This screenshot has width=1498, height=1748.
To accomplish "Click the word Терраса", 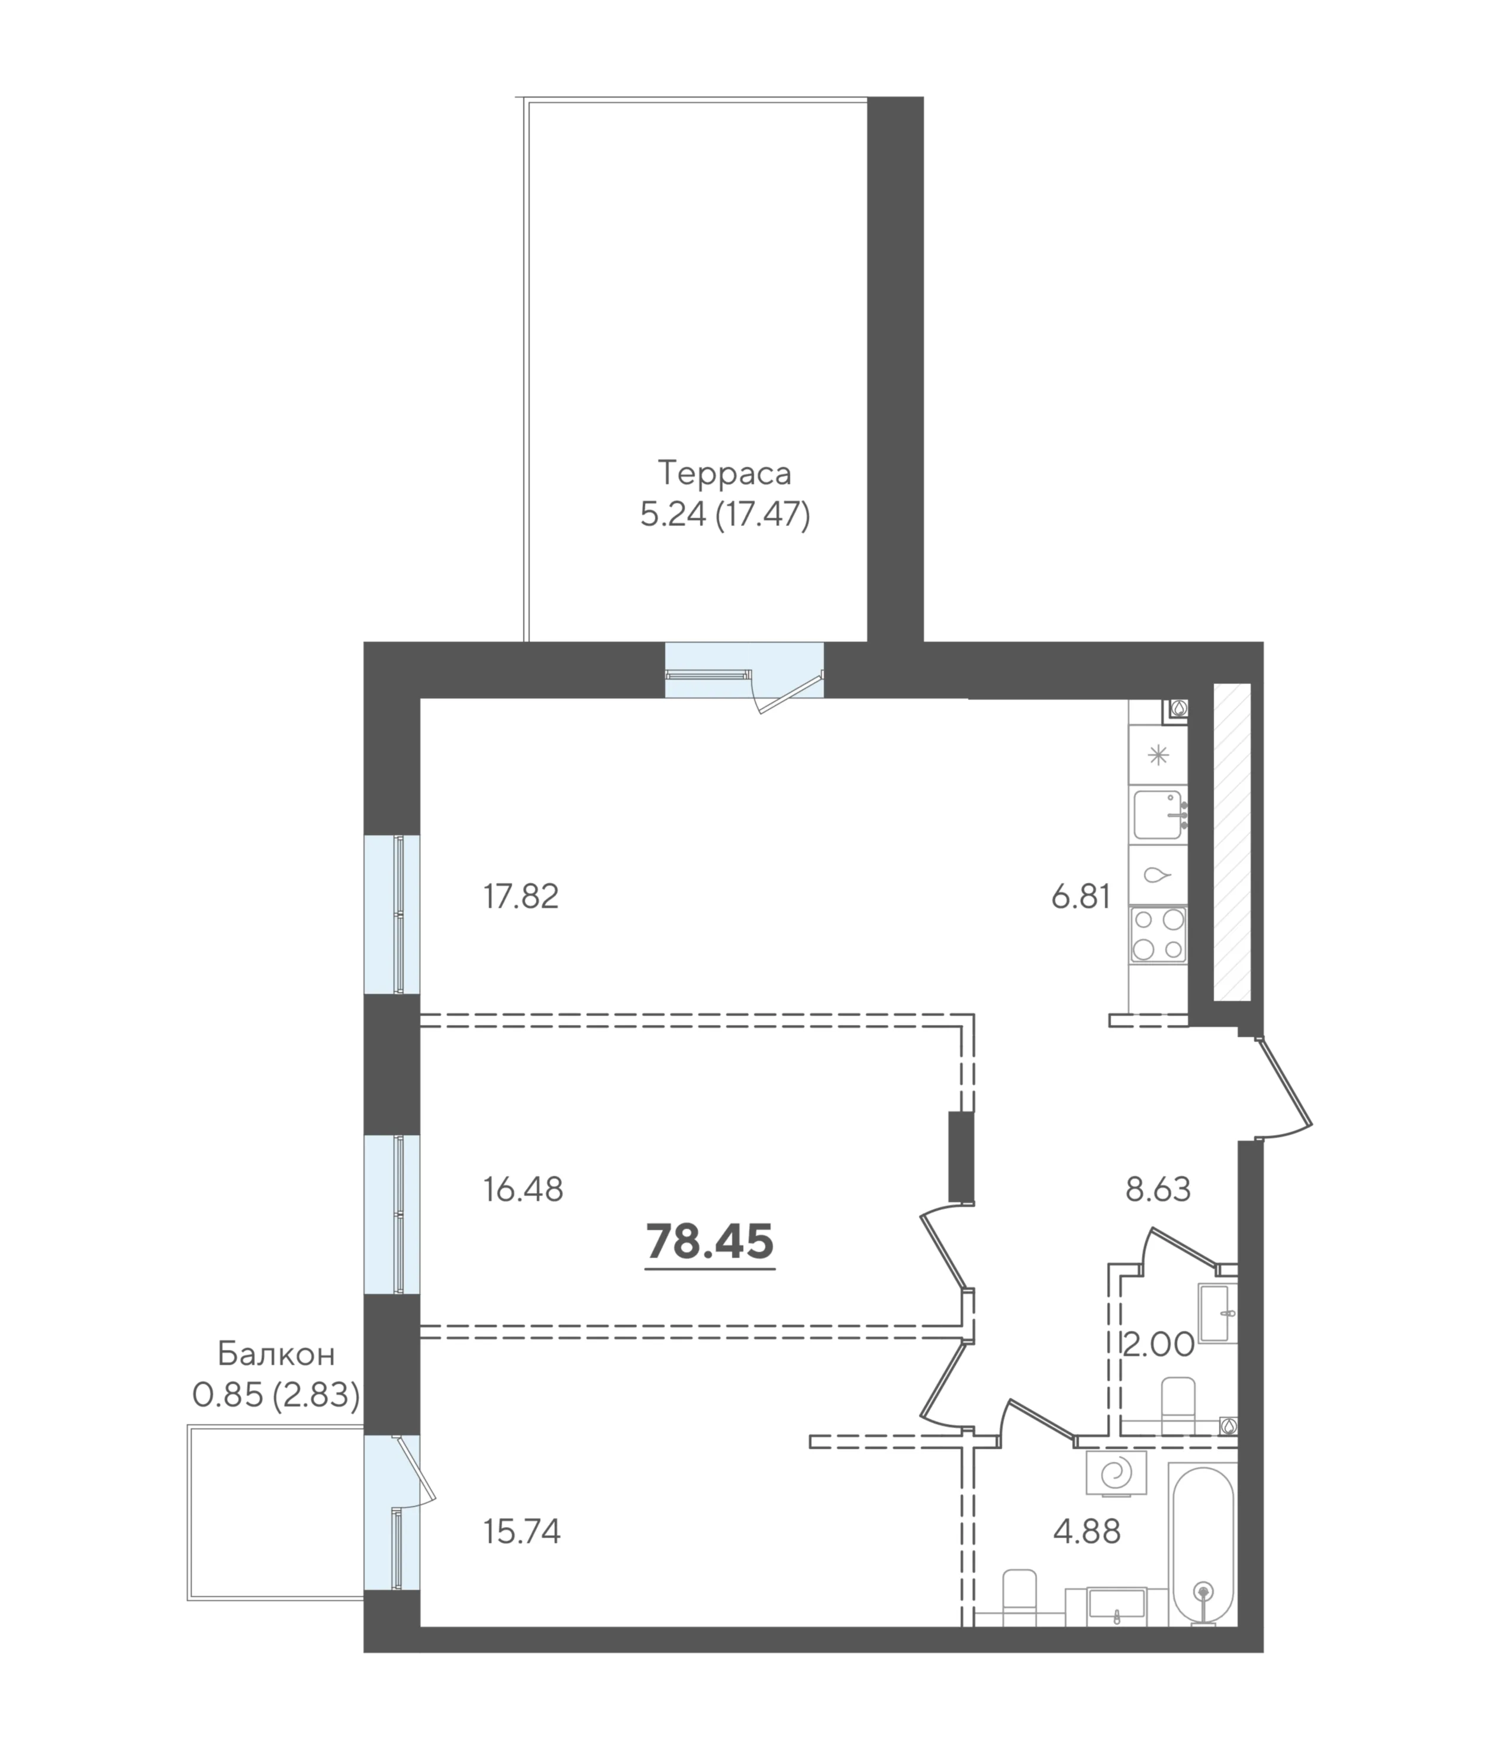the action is click(x=724, y=474).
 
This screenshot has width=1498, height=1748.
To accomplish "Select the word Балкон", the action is click(x=276, y=1354).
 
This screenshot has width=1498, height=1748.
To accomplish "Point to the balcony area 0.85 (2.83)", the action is click(x=276, y=1395).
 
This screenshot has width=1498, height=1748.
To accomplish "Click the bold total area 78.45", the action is click(x=710, y=1241).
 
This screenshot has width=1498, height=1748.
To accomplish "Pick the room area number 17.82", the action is click(x=521, y=896).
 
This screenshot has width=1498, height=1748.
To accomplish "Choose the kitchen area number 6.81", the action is click(x=1081, y=896).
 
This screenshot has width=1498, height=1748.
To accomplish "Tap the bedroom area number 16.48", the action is click(x=523, y=1190).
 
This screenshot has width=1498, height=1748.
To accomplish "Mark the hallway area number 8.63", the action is click(x=1158, y=1190).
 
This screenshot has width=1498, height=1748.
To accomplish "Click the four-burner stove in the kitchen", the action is click(x=1158, y=935).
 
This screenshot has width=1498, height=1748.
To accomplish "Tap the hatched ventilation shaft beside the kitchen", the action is click(x=1232, y=842).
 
